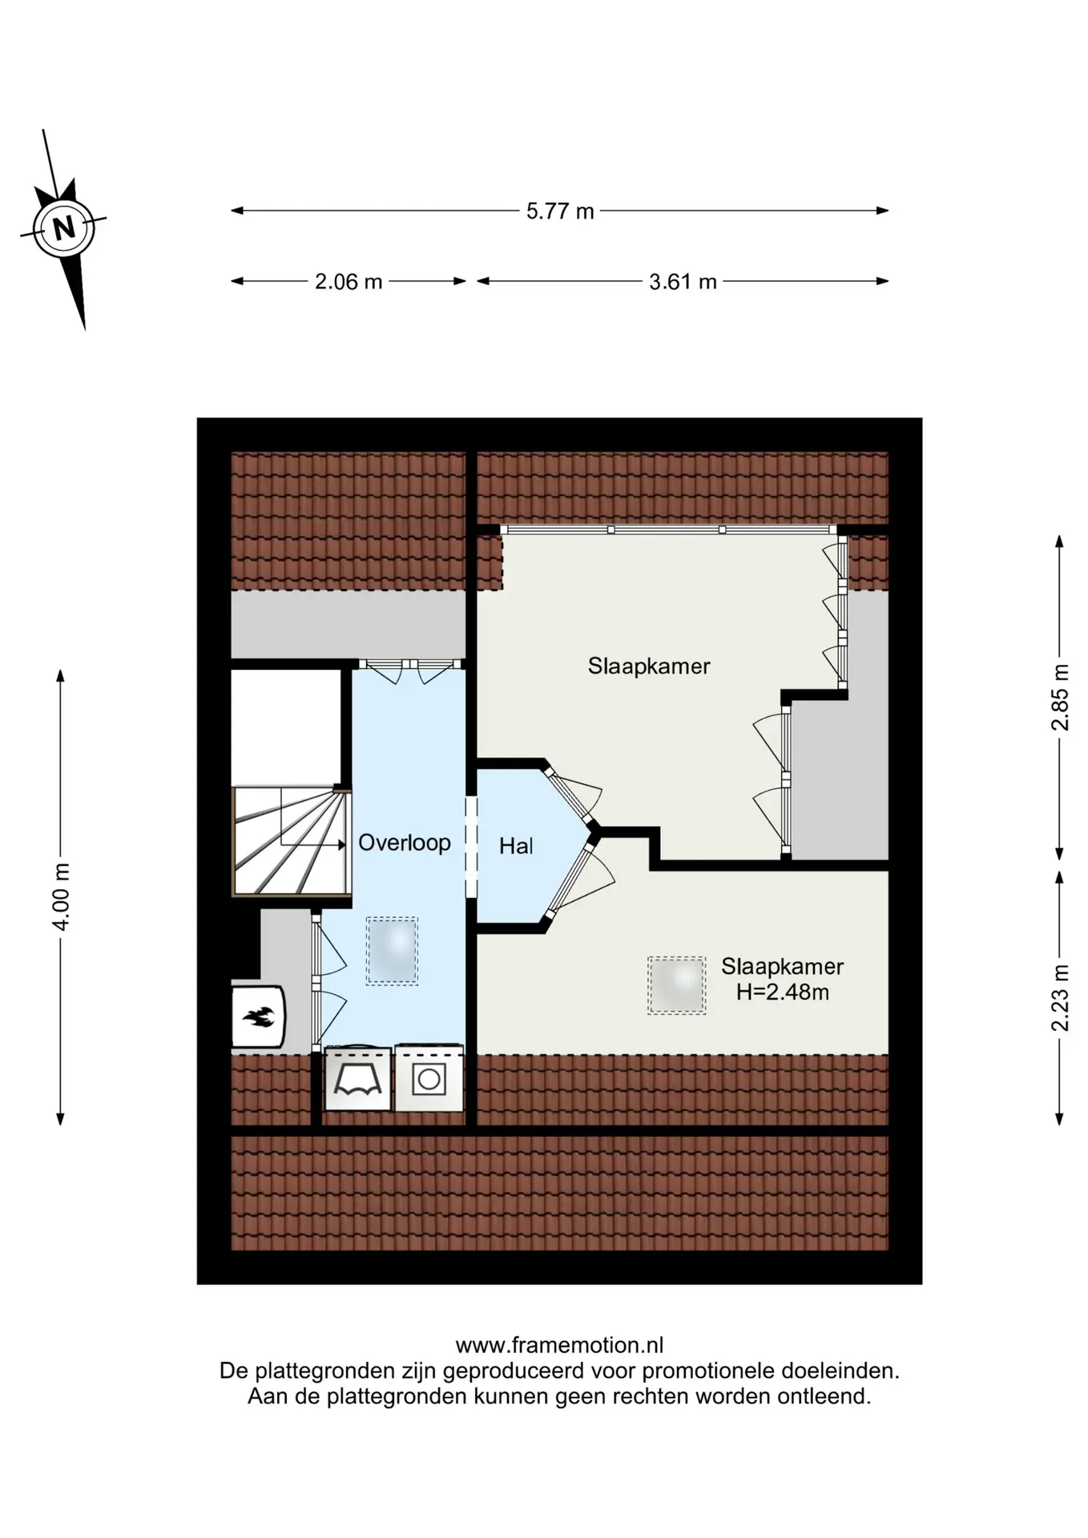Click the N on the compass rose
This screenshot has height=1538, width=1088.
tap(64, 228)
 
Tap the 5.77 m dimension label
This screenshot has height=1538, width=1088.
tap(560, 211)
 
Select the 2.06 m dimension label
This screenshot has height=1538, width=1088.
tap(349, 282)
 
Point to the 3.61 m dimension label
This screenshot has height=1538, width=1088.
tap(683, 282)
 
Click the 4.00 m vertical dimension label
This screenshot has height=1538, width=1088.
tap(61, 896)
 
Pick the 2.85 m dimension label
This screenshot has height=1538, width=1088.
tap(1060, 697)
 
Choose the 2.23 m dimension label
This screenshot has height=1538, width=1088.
tap(1060, 997)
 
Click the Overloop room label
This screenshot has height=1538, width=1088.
tap(405, 843)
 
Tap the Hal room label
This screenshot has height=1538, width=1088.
tap(516, 846)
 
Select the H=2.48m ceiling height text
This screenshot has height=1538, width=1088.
tap(783, 992)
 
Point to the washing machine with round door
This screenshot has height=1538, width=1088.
tap(429, 1078)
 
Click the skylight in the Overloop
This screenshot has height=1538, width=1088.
tap(393, 951)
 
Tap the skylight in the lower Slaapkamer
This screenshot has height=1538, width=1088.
tap(677, 986)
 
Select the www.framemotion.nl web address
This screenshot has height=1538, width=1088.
tap(559, 1345)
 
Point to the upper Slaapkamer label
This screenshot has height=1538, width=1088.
tap(649, 666)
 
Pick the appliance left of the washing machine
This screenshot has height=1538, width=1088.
tap(357, 1078)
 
